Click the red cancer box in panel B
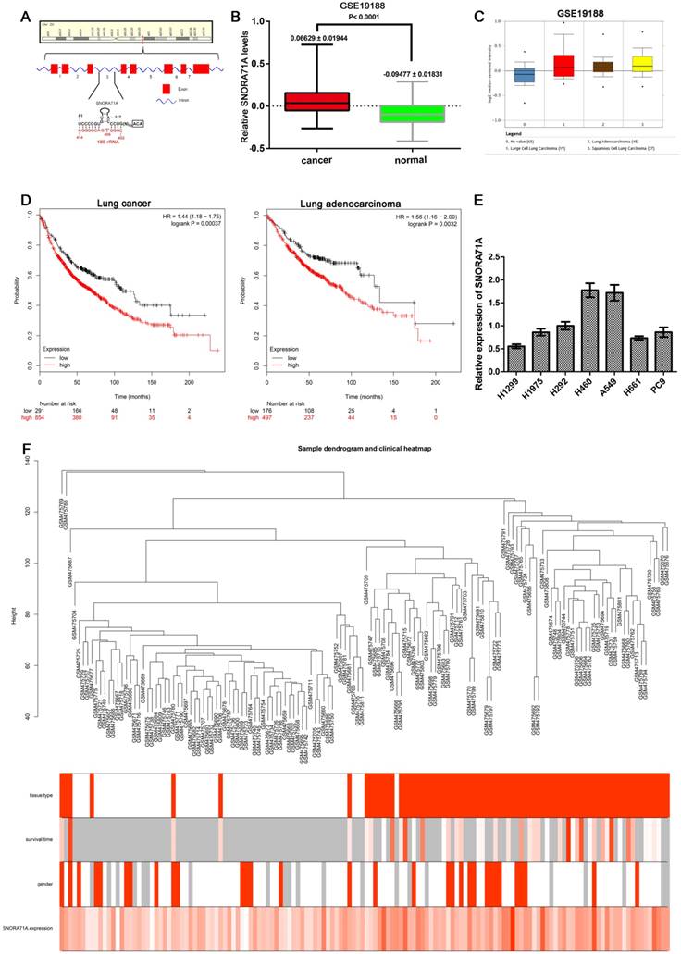click(316, 101)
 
